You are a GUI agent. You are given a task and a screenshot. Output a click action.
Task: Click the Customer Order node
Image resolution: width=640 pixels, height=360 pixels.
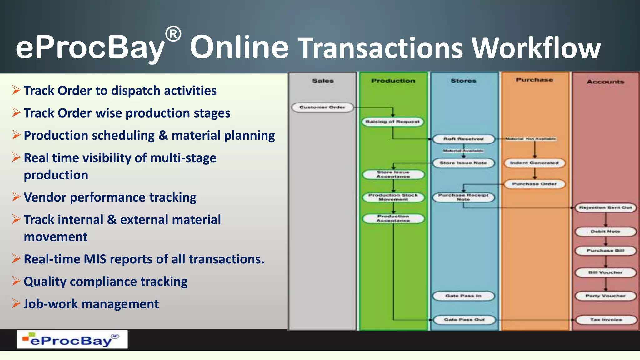(x=322, y=107)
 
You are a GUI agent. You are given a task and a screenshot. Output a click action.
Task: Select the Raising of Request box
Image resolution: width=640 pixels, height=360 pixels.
(x=392, y=122)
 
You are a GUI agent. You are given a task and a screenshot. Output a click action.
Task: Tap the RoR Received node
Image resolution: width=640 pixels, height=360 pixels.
(x=463, y=139)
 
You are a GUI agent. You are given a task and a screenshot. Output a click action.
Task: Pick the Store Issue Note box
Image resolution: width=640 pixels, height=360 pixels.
(x=463, y=163)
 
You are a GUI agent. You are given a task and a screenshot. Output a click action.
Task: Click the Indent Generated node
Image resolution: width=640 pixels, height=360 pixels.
(x=534, y=163)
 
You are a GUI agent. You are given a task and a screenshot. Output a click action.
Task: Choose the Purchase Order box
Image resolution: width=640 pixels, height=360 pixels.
(x=534, y=184)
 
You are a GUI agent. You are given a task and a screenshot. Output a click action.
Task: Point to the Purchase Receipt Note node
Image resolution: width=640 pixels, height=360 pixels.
(x=463, y=197)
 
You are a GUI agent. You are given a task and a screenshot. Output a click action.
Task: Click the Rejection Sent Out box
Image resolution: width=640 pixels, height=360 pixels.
(x=606, y=208)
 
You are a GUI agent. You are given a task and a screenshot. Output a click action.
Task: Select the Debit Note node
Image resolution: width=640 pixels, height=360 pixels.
(x=606, y=232)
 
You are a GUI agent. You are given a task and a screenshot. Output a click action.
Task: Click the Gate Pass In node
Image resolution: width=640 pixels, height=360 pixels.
(x=463, y=296)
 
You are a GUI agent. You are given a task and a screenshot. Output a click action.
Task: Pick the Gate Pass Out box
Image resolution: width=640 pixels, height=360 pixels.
(x=464, y=320)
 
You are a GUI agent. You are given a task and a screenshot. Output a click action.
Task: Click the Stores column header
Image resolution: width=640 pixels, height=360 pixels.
(x=463, y=81)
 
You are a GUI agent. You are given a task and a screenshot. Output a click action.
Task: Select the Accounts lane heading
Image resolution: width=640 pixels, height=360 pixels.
(x=605, y=82)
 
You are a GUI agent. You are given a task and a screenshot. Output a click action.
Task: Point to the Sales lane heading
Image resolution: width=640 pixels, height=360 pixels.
(x=323, y=81)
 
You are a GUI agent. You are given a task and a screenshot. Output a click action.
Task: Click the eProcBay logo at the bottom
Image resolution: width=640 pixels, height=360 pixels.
(x=72, y=340)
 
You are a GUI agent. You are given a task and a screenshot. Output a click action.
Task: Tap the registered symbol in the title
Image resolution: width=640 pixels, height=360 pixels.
(x=173, y=34)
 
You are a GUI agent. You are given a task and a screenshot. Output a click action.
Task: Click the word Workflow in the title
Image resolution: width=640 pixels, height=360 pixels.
(x=536, y=48)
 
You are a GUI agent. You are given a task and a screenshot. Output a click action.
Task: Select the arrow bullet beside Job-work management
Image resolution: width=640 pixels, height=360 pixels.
(x=16, y=303)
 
